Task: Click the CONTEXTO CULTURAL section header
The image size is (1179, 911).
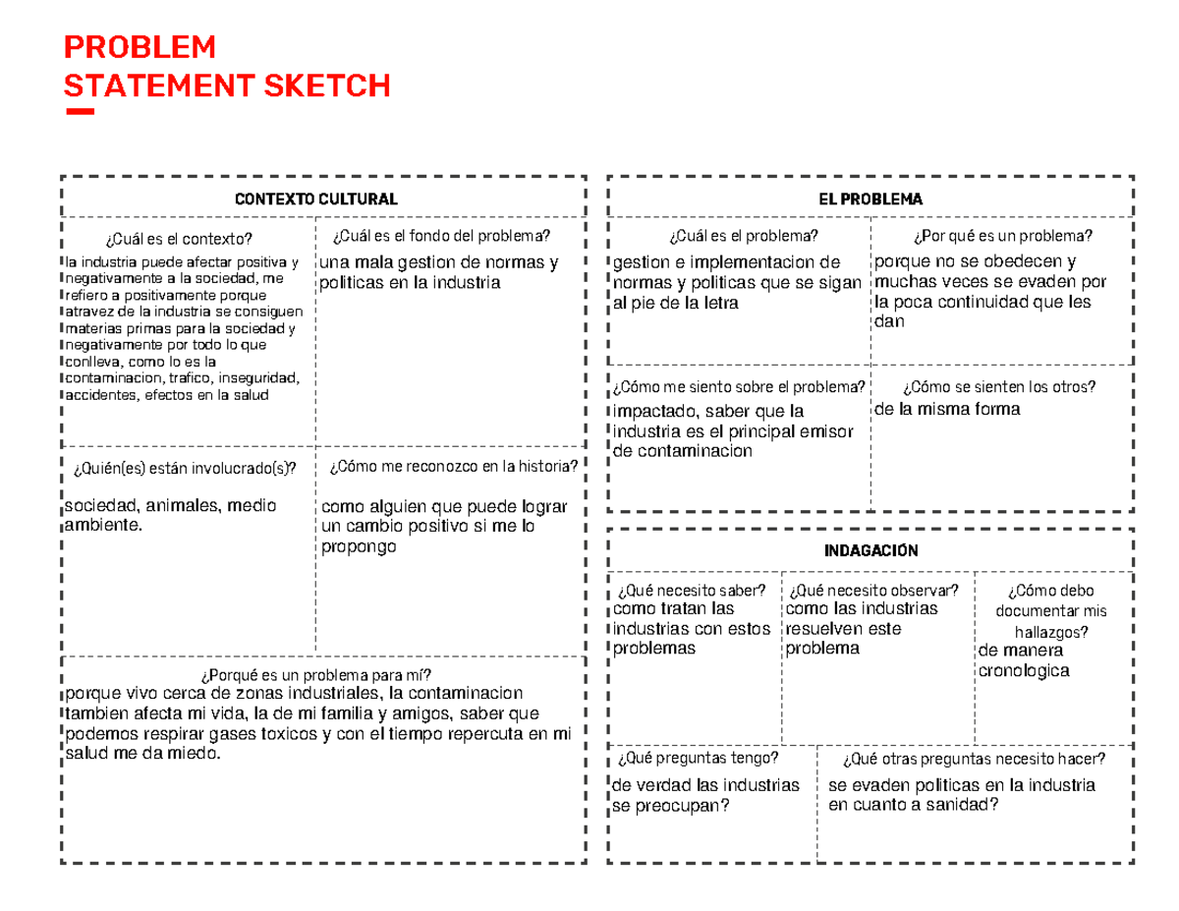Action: coord(315,199)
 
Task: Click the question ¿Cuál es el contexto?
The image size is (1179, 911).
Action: coord(178,238)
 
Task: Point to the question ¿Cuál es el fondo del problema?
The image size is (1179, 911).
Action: coord(442,236)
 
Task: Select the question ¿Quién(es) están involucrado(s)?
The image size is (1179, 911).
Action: coord(184,467)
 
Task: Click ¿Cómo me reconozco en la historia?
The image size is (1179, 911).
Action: coord(454,466)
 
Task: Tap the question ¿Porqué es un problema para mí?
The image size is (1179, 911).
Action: coord(315,674)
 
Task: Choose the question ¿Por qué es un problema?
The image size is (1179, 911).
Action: coord(1002,236)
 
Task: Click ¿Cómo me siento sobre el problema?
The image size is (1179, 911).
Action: coord(740,386)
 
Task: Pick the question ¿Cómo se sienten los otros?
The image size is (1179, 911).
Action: coord(999,386)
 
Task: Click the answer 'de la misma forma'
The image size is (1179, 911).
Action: coord(947,409)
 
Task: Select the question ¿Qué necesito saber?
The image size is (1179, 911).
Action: coord(692,590)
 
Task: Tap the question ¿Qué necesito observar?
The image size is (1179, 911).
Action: coord(873,590)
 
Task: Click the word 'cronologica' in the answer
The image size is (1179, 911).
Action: coord(1024,671)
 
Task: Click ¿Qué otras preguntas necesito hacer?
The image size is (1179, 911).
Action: coord(974,758)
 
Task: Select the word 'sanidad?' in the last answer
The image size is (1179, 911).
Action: coord(966,806)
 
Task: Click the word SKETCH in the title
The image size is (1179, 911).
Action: coord(327,86)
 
